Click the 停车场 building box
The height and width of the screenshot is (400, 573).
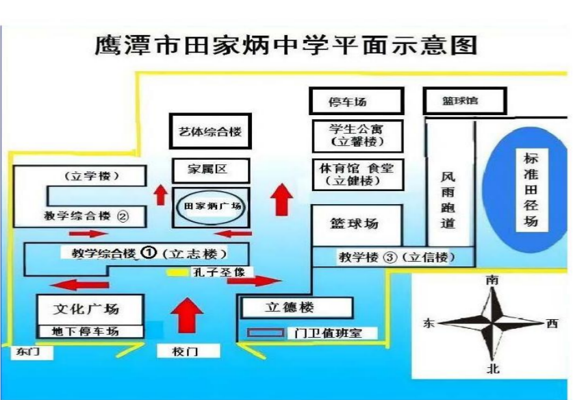coord(357,101)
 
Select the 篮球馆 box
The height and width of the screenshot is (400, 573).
coord(465,101)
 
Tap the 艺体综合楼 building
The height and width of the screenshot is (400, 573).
coord(210,132)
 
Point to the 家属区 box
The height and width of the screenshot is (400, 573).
coord(211,170)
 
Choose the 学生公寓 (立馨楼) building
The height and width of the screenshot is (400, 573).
coord(357,136)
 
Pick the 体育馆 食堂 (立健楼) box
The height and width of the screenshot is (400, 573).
coord(357,175)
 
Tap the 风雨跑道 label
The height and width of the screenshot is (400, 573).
coord(448,199)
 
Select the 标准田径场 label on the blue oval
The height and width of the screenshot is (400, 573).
coord(531,190)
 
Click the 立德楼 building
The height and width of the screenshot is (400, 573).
coord(296,307)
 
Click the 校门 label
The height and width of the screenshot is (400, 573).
coord(185,351)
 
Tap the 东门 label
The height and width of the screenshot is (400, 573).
coord(28,352)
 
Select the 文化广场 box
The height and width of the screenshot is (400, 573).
coord(90,310)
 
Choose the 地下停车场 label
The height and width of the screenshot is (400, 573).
coord(86,332)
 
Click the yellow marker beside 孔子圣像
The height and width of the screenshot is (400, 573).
coord(177,273)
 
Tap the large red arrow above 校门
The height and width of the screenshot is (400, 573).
coord(187,315)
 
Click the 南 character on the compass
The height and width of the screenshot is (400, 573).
coord(492,280)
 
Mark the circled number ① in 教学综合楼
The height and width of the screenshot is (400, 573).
coord(149,252)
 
